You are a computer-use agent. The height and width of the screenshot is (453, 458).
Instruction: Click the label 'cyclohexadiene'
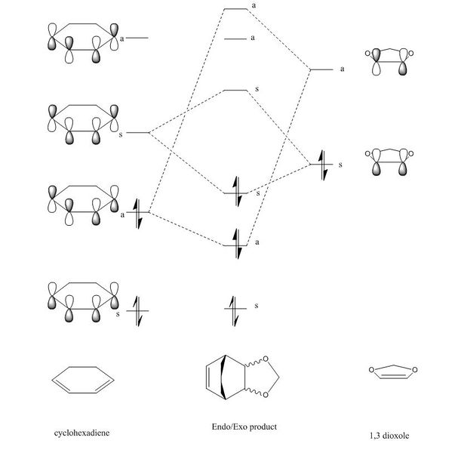(x=81, y=433)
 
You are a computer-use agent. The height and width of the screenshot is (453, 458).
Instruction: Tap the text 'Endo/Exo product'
(x=244, y=427)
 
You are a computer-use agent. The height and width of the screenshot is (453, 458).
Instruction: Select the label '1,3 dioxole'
(x=389, y=436)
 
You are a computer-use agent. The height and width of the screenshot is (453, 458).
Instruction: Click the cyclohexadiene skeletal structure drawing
(x=83, y=380)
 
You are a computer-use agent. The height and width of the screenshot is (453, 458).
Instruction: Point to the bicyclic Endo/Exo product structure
(x=242, y=377)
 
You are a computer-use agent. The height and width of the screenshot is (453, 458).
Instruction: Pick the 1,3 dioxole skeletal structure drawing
(x=393, y=371)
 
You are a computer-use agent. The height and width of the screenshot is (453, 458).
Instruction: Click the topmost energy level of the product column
(x=235, y=9)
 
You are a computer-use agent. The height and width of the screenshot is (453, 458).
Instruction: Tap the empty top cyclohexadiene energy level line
(x=137, y=38)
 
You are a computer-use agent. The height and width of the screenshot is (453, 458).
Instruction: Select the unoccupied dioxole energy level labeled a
(x=321, y=69)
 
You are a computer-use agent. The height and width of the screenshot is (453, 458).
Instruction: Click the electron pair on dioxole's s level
(x=322, y=165)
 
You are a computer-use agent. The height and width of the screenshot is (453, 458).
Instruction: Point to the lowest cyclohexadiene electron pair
(x=137, y=311)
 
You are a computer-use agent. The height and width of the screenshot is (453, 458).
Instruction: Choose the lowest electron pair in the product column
(x=235, y=311)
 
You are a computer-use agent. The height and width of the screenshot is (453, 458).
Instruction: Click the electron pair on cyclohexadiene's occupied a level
(x=137, y=214)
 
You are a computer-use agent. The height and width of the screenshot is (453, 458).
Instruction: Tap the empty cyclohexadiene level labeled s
(x=137, y=133)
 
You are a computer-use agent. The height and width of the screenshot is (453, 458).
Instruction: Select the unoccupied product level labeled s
(x=235, y=91)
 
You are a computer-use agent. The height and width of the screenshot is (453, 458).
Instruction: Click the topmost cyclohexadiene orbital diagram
(x=83, y=43)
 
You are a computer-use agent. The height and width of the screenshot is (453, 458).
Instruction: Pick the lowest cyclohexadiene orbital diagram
(x=83, y=302)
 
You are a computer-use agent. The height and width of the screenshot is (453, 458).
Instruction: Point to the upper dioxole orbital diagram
(x=389, y=62)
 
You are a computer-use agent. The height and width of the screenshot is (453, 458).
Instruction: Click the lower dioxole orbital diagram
(x=389, y=162)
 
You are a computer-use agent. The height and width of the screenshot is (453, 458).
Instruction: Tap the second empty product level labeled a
(x=235, y=39)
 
